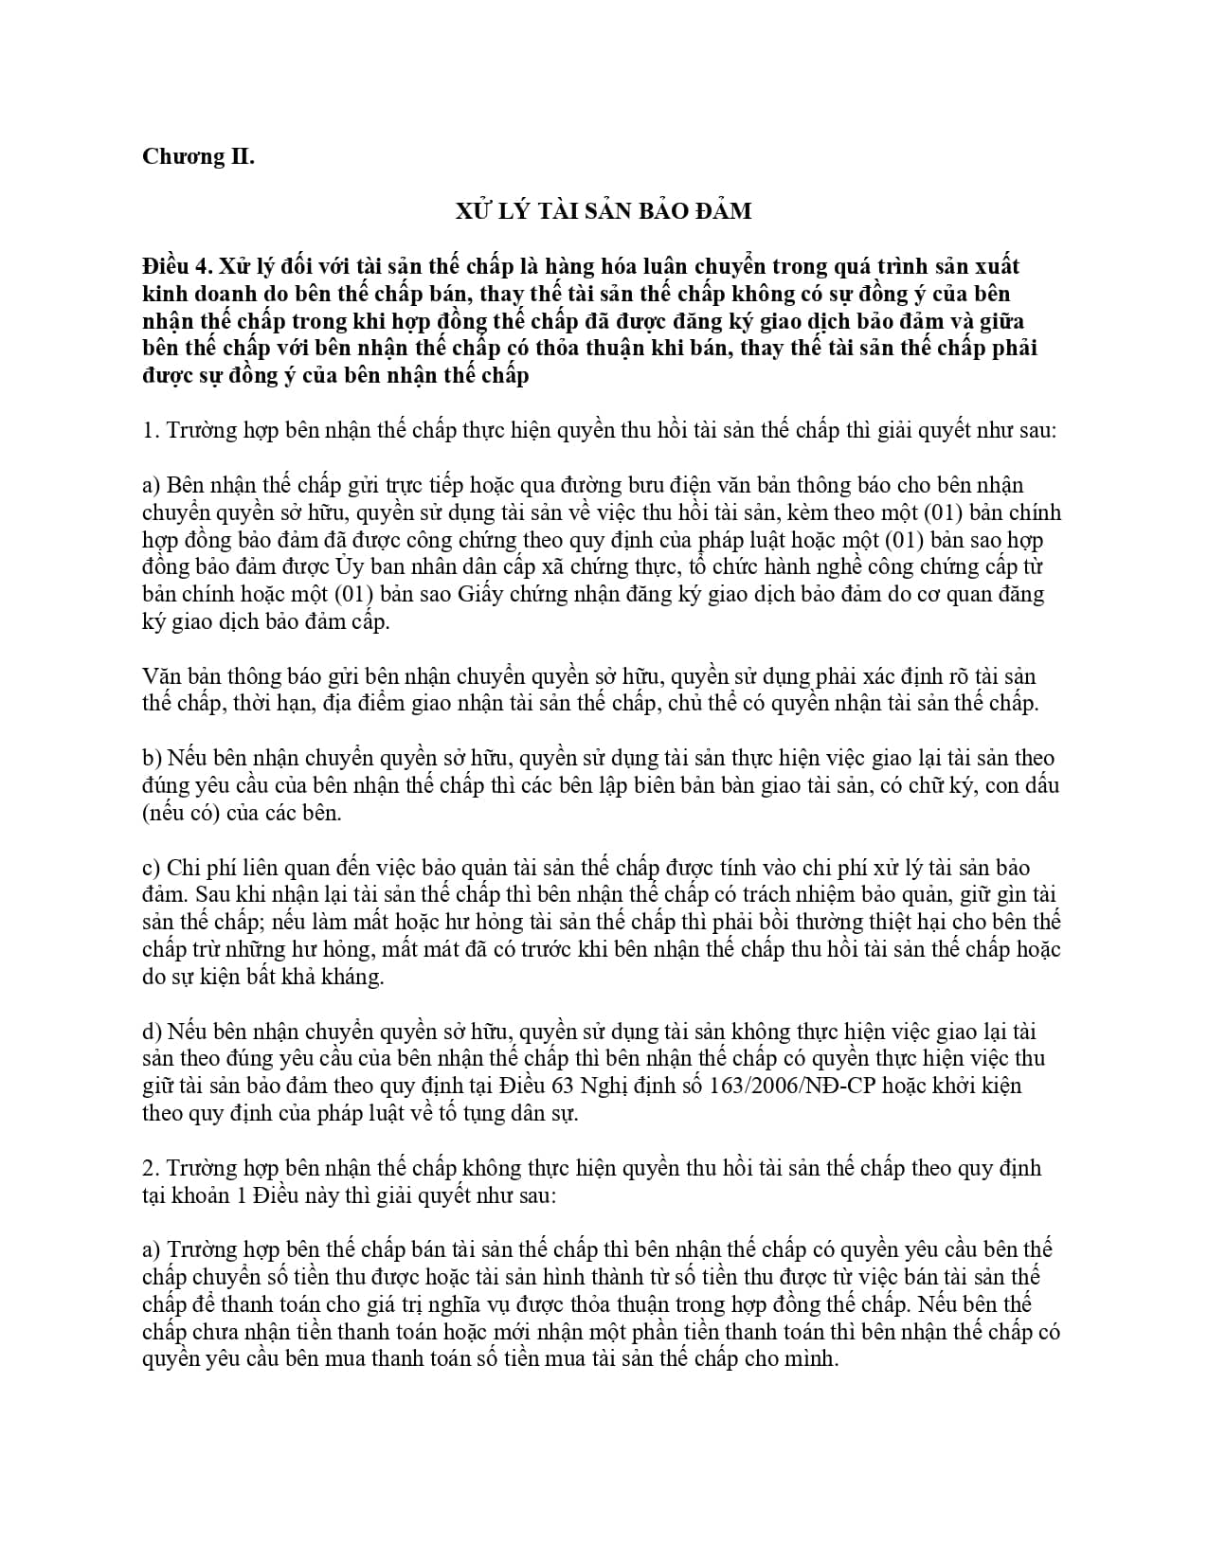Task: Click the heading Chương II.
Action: click(198, 156)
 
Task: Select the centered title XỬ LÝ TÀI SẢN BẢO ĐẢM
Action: click(604, 210)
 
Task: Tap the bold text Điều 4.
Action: click(171, 266)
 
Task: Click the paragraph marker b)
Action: click(152, 759)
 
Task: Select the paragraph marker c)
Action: click(152, 868)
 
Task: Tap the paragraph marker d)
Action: click(152, 1032)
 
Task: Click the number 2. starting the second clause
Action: click(150, 1168)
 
